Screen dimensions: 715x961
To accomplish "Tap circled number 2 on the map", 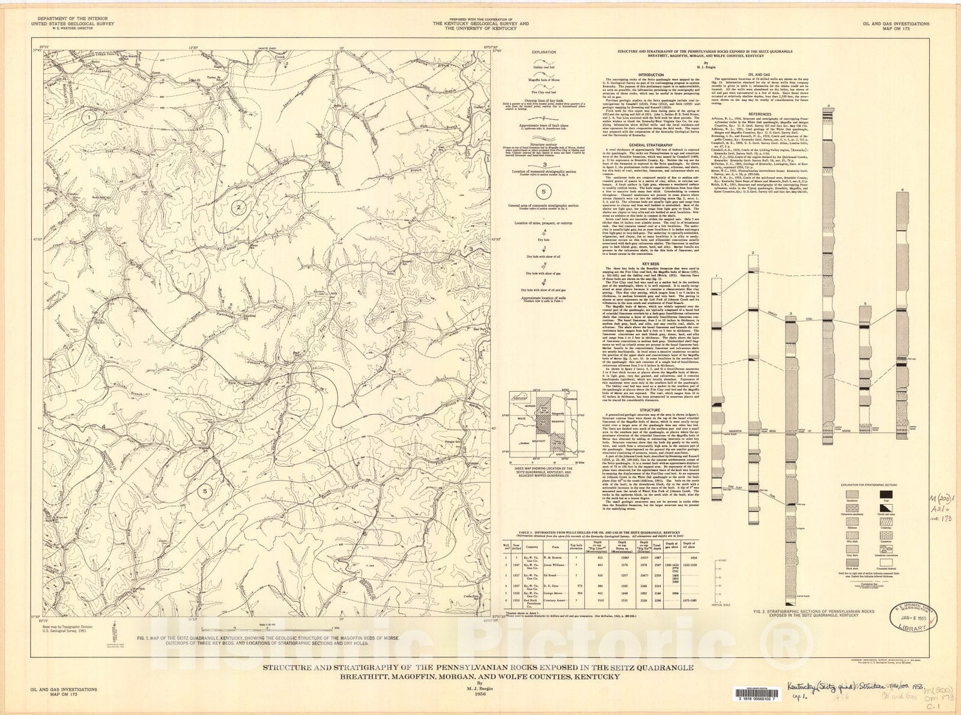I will pos(239,208).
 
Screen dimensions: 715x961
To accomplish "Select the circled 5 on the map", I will pos(205,491).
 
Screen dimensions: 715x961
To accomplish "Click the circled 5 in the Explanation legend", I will pos(544,192).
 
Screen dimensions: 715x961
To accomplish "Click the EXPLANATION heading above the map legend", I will pos(544,53).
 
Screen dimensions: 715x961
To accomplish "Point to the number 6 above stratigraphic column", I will pos(903,190).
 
